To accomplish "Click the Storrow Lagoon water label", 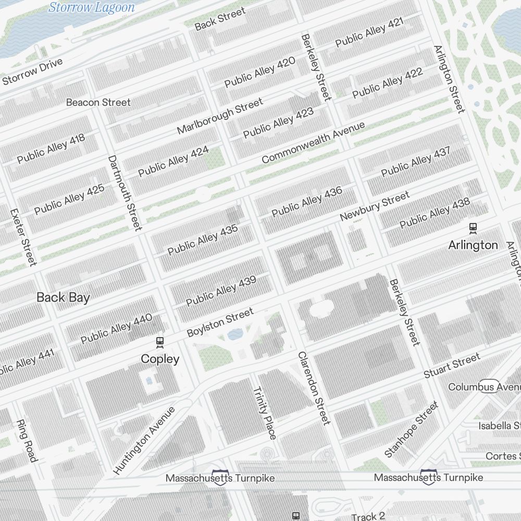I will pos(92,7).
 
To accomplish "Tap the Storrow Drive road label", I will pos(32,72).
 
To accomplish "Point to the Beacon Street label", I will pos(98,102).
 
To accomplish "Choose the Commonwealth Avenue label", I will pos(313,142).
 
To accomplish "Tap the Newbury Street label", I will pos(374,206).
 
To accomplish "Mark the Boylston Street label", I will pos(220,322).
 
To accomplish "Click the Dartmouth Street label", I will pos(125,192).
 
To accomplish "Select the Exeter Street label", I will pos(23,237).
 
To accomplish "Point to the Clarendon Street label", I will pos(314,388).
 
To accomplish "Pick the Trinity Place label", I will pos(264,413).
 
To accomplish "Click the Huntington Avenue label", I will pos(144,440).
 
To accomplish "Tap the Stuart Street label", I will pos(452,366).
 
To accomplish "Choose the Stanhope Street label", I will pos(411,429).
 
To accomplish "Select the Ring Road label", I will pos(27,441).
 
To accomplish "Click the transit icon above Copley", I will pos(160,342).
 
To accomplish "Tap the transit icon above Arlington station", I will pos(473,228).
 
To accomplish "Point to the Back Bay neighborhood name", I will pos(63,297).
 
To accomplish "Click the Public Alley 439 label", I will pos(221,291).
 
